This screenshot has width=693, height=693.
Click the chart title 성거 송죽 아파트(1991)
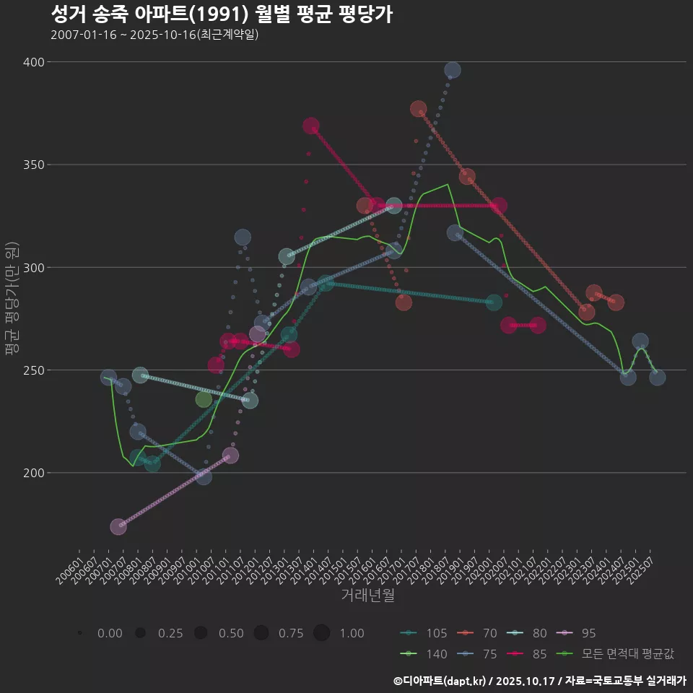coord(222,14)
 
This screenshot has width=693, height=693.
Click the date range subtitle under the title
coord(154,35)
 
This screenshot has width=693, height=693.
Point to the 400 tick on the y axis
coord(33,62)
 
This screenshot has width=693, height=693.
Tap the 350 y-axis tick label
coord(33,165)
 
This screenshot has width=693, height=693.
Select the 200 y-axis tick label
coord(33,473)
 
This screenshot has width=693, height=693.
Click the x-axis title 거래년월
coord(367,596)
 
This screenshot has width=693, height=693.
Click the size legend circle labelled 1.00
coord(322,633)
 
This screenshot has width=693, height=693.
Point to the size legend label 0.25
coord(170,633)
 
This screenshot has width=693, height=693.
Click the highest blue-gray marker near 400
coord(453,70)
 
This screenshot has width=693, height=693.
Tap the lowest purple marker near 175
coord(118,527)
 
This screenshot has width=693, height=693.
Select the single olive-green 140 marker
coord(204,400)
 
